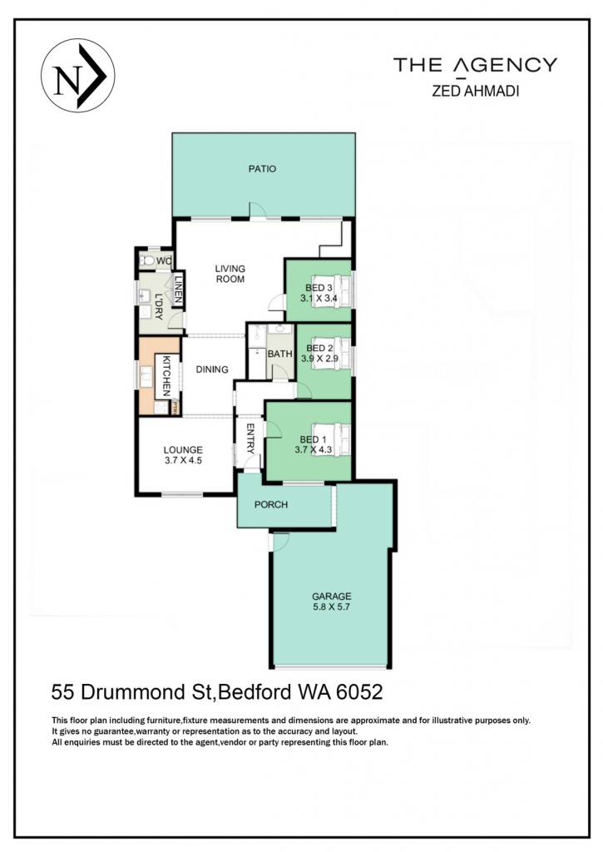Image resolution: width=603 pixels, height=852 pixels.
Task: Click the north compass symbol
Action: point(77,76)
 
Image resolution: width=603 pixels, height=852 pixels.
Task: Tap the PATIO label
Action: point(262,169)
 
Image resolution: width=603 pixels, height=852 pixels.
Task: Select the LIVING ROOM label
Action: point(230,274)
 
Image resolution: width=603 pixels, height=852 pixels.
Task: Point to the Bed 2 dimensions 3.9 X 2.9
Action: point(323,359)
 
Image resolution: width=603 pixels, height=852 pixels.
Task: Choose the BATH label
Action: point(279,354)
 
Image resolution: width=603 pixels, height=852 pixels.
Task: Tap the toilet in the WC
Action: point(148,260)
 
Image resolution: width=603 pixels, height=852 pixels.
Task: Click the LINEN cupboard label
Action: point(178,289)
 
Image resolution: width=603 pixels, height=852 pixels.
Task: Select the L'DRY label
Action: point(159,307)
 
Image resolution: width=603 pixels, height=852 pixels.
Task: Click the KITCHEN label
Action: point(167,376)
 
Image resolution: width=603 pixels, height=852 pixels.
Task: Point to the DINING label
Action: point(212,369)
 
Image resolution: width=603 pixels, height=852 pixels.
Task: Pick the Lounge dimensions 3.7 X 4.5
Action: point(184,460)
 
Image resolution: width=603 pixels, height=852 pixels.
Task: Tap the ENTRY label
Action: point(250,438)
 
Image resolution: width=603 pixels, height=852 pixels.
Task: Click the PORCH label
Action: point(271,505)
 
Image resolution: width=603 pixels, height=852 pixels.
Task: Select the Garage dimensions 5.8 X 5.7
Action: point(331,607)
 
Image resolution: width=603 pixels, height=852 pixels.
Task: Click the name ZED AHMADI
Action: point(476,92)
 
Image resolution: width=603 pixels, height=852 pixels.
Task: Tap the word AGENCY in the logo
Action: point(505,65)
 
